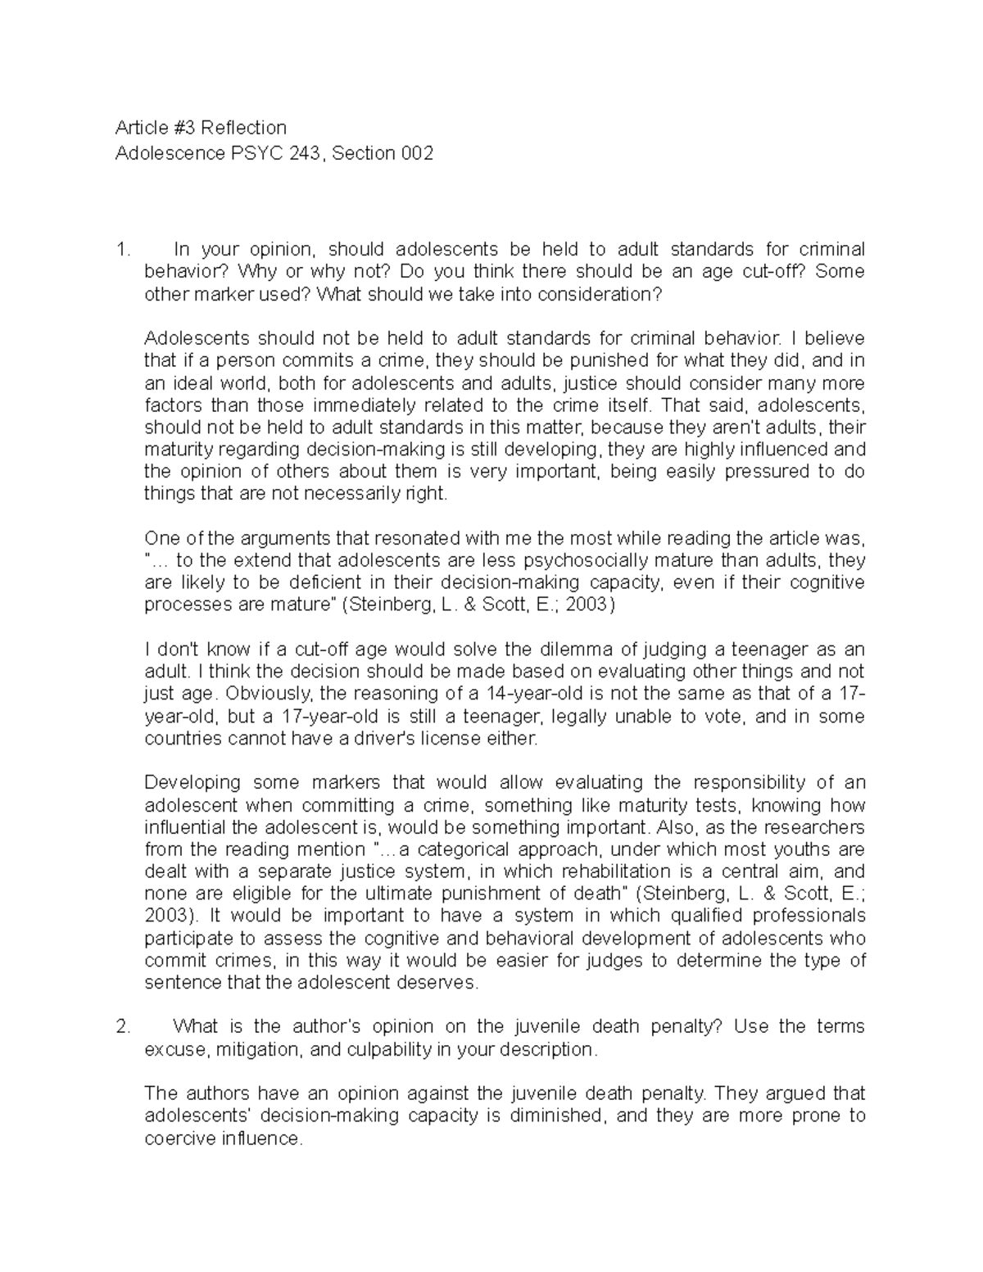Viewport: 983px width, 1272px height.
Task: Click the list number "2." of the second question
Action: (x=123, y=1027)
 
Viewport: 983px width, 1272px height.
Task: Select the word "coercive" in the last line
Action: (x=179, y=1138)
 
